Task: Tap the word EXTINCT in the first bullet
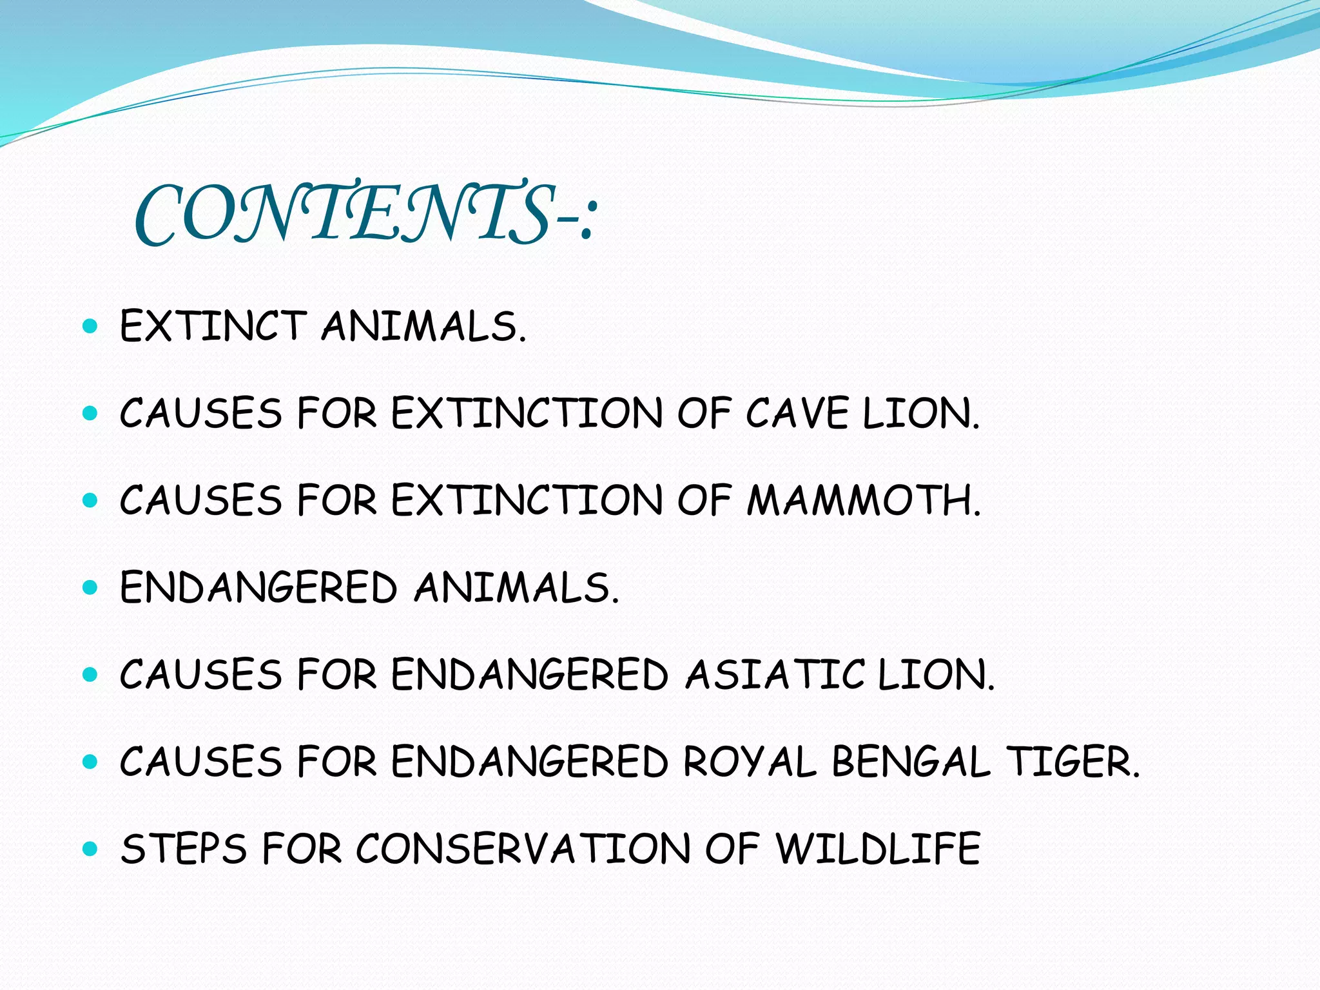(x=213, y=326)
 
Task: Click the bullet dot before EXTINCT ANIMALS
(x=90, y=326)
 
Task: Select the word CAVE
(x=797, y=413)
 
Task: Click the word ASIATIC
(x=773, y=675)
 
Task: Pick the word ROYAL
(x=750, y=762)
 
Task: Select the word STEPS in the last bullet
(x=184, y=849)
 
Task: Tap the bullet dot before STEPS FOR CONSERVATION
(x=90, y=849)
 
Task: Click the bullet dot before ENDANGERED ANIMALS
(x=90, y=587)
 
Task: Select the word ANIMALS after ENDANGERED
(x=516, y=587)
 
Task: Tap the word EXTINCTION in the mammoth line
(x=527, y=501)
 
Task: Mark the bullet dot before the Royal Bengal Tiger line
(x=90, y=762)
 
